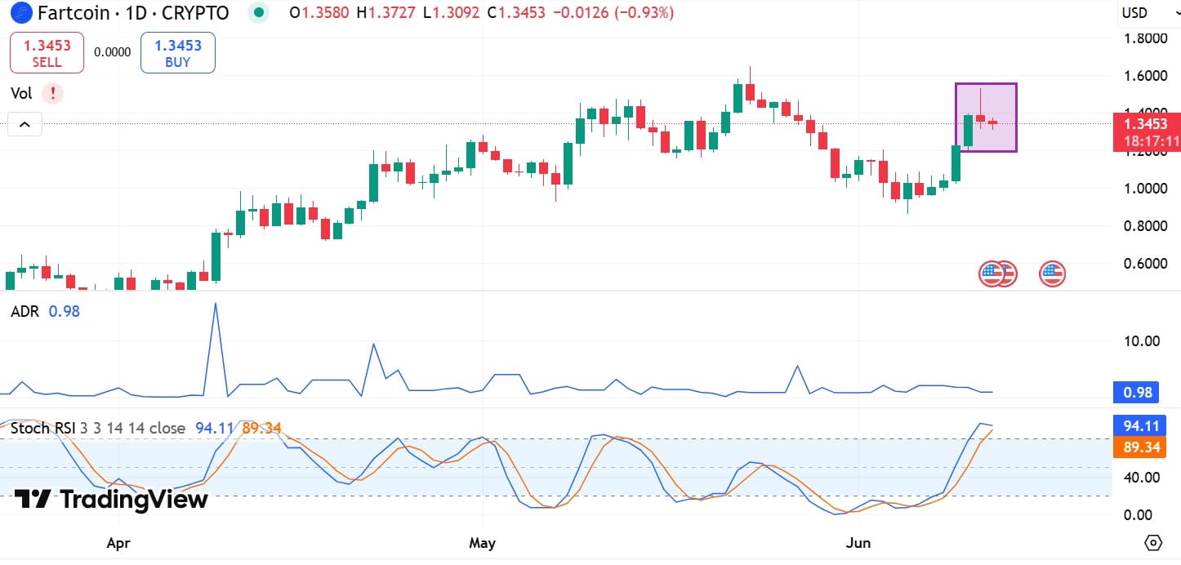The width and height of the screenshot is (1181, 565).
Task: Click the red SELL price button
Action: point(47,53)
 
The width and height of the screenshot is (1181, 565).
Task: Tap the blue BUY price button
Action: point(177,53)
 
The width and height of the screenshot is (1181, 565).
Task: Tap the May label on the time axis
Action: point(484,543)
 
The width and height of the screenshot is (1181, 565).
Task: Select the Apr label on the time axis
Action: point(119,543)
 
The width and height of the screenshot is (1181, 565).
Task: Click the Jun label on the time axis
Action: point(858,543)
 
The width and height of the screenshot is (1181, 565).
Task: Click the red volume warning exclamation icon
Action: point(52,93)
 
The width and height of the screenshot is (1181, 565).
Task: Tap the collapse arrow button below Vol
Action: point(25,125)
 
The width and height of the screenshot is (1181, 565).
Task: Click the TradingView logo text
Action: point(111,499)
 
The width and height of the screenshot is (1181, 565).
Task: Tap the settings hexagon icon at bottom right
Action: point(1153,543)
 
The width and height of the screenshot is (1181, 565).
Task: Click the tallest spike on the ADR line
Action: point(216,303)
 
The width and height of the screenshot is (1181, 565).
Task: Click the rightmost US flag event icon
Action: point(1052,274)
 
